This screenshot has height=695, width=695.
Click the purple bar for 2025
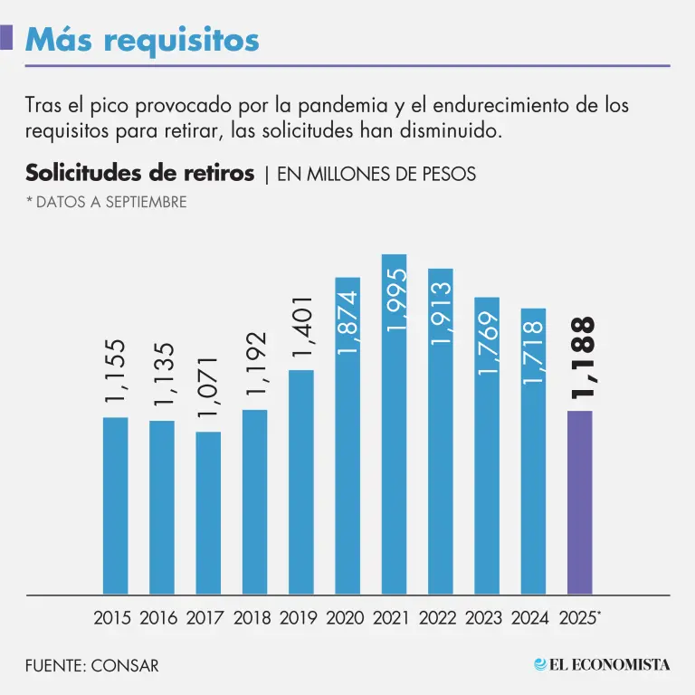579,502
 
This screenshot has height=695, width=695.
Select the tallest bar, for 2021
395,425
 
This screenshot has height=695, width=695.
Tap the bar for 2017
208,512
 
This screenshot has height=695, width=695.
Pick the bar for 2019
300,481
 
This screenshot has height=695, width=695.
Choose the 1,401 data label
302,329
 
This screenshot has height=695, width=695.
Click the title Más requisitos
142,39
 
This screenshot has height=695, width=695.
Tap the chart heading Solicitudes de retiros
139,173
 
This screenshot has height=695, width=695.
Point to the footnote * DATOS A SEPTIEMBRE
106,202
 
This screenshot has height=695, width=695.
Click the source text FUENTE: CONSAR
91,665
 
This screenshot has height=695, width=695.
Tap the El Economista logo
602,664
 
